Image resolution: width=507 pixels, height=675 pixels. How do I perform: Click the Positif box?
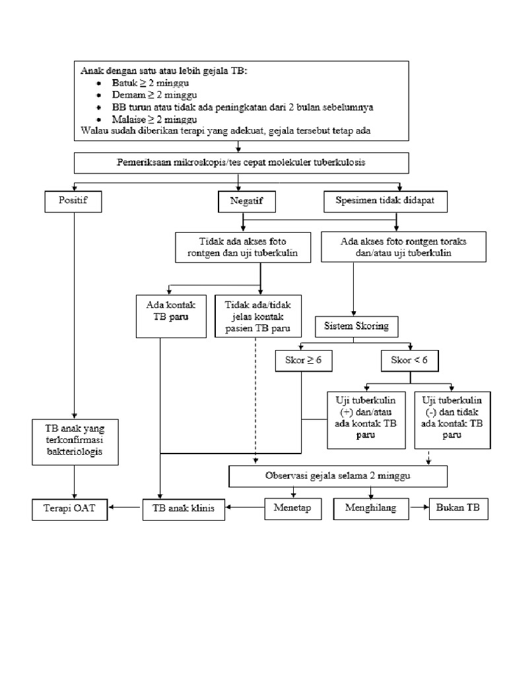point(74,201)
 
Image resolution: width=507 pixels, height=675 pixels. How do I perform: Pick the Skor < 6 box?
point(410,360)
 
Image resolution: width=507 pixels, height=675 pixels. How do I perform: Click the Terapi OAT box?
point(69,508)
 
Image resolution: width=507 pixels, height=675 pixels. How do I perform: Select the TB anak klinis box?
point(183,508)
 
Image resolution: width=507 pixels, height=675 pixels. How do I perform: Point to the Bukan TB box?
point(459,508)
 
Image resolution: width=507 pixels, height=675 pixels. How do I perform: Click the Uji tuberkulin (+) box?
point(366,419)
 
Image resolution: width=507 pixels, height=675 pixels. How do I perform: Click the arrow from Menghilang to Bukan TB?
point(417,508)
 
